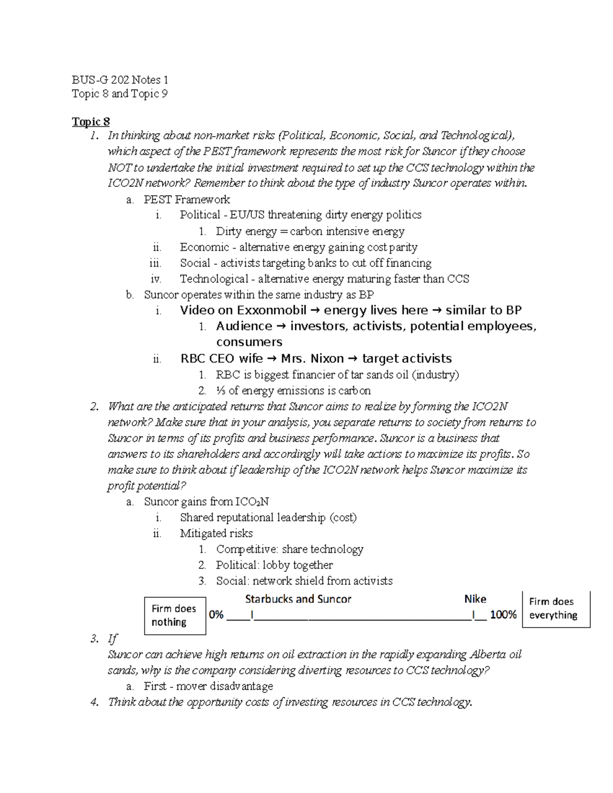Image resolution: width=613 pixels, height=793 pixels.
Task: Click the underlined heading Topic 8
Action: coord(90,122)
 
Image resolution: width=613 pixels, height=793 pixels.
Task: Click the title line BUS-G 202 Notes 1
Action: coord(120,80)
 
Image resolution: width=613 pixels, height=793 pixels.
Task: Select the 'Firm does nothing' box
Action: coord(175,615)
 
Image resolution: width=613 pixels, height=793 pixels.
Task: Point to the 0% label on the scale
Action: coord(216,615)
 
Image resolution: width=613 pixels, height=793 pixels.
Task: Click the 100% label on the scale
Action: coord(503,615)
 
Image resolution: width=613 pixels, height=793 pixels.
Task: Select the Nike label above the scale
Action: coord(475,599)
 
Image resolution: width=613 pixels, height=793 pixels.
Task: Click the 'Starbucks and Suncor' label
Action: coord(298,599)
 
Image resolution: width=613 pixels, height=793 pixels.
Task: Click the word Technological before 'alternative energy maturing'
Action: coord(214,279)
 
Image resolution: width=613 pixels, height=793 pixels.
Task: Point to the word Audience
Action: coord(244,326)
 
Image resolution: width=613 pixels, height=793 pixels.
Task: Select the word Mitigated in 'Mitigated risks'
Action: coord(202,534)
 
